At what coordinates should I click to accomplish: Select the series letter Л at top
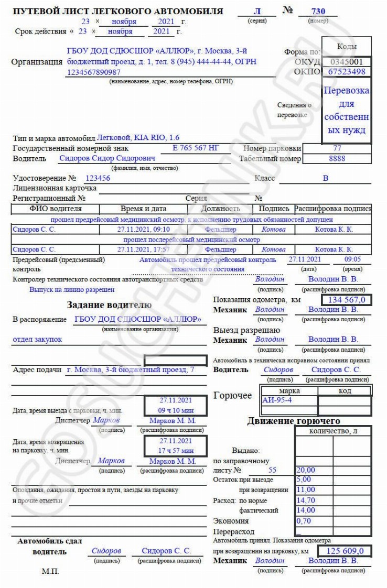(257, 11)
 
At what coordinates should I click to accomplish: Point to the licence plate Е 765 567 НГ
(196, 148)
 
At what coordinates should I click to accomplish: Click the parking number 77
(337, 148)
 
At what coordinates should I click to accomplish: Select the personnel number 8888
(337, 158)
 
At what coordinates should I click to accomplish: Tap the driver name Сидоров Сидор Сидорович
(107, 158)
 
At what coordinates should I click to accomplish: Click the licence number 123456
(98, 178)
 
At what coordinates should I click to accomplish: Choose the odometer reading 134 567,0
(347, 300)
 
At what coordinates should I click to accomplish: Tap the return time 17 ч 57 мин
(177, 450)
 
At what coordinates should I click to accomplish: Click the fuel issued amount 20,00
(306, 470)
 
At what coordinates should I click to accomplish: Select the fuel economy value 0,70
(304, 521)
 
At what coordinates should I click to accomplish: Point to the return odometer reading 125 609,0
(346, 551)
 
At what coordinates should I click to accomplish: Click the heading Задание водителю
(109, 305)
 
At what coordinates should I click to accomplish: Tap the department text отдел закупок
(37, 339)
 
